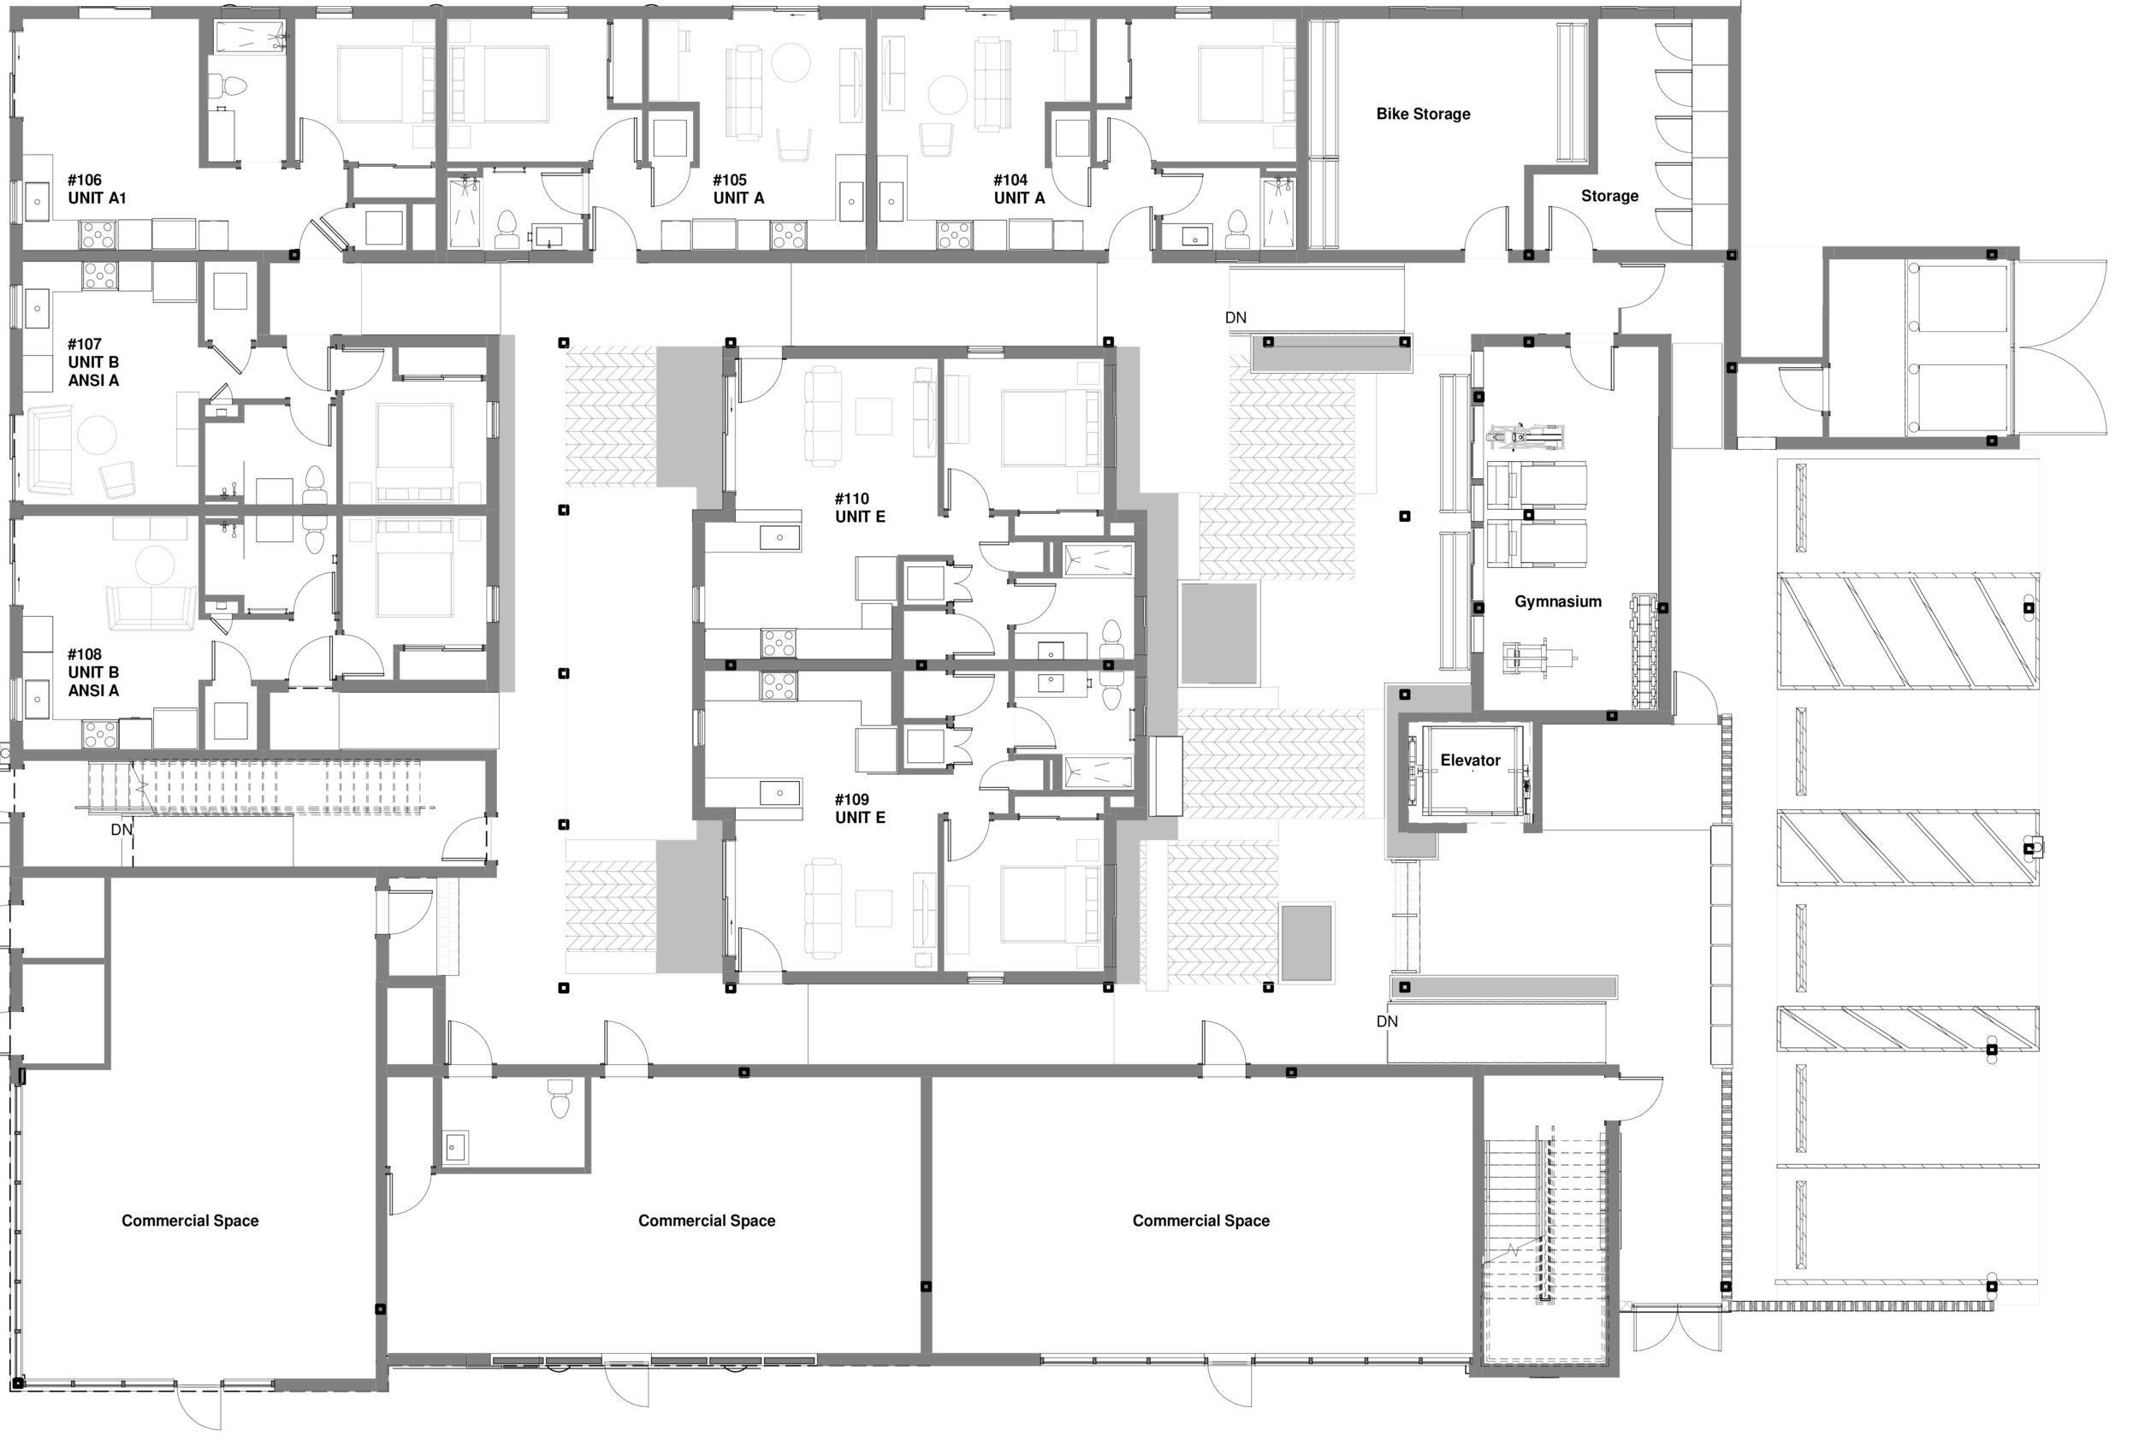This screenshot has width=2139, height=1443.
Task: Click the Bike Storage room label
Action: pyautogui.click(x=1422, y=114)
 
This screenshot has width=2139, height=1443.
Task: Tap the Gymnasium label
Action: pyautogui.click(x=1557, y=602)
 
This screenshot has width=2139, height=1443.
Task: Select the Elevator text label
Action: pyautogui.click(x=1470, y=760)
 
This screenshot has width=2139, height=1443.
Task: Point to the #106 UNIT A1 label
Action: pyautogui.click(x=96, y=189)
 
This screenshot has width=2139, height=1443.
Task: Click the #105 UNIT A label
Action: pyautogui.click(x=738, y=189)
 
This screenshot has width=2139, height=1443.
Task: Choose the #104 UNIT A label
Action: pyautogui.click(x=1019, y=189)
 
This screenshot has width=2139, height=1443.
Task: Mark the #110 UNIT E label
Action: pyautogui.click(x=860, y=508)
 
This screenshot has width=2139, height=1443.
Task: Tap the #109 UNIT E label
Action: pyautogui.click(x=860, y=808)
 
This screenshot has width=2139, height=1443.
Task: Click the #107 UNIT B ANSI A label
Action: pyautogui.click(x=93, y=362)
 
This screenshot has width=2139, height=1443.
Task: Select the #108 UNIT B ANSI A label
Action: pyautogui.click(x=93, y=671)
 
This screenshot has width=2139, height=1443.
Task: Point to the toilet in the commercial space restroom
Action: pyautogui.click(x=560, y=1098)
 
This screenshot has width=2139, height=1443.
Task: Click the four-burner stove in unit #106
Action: pyautogui.click(x=98, y=234)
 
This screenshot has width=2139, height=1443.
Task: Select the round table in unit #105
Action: pyautogui.click(x=790, y=63)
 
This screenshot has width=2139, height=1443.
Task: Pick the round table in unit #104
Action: pyautogui.click(x=947, y=94)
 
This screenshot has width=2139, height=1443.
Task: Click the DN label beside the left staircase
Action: pyautogui.click(x=121, y=829)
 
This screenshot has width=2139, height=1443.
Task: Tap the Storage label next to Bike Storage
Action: pyautogui.click(x=1609, y=196)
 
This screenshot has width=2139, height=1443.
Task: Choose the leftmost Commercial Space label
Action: pyautogui.click(x=190, y=1221)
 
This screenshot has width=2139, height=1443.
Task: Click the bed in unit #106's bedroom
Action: pyautogui.click(x=377, y=84)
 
